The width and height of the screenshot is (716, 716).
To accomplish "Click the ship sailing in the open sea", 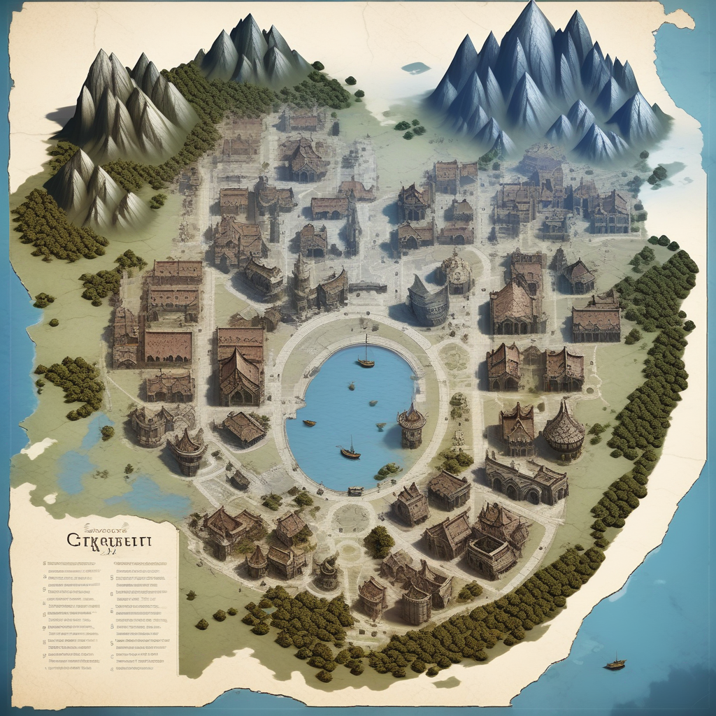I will [x=615, y=664].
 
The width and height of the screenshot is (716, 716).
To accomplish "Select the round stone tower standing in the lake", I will [x=412, y=426].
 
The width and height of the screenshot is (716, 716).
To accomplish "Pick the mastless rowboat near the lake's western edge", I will [x=308, y=422].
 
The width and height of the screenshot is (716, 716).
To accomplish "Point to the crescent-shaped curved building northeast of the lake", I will [x=427, y=301].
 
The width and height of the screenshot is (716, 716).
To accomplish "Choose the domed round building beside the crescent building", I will [x=456, y=272].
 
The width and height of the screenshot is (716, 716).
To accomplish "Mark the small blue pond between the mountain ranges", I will [x=416, y=68].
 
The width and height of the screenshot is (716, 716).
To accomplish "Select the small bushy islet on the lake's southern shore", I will [x=389, y=471].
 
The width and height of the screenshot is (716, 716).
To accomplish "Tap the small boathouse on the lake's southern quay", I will [x=355, y=491].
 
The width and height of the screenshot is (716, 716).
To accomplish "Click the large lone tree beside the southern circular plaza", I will [x=380, y=540].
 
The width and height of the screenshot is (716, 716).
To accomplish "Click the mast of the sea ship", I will [x=615, y=658].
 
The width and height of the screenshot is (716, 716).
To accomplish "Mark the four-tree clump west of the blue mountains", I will [x=410, y=128].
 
